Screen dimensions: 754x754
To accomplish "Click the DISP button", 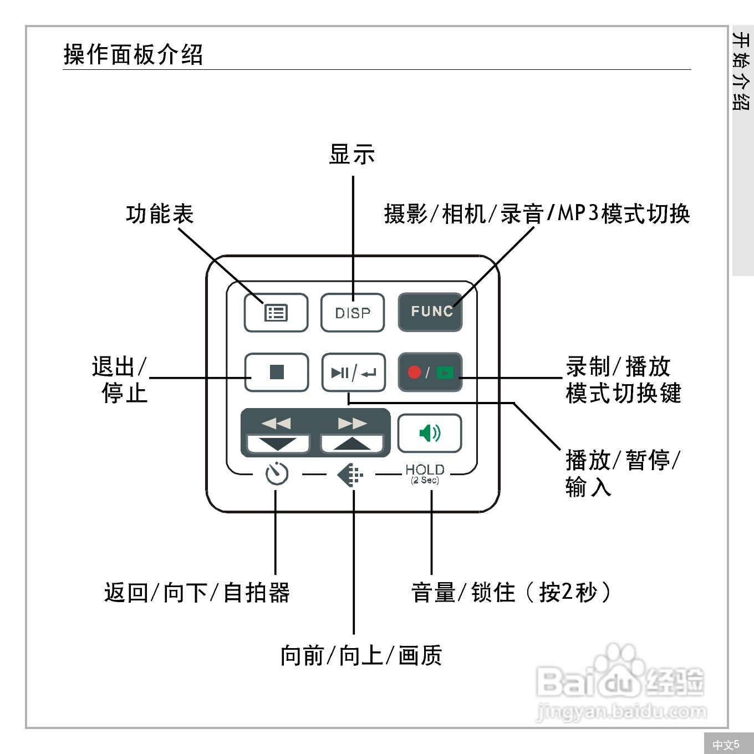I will [353, 313].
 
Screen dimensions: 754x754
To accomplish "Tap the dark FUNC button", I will [430, 312].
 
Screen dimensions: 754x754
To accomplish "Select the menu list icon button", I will [276, 313].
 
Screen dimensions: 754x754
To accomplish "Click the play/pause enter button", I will [353, 373].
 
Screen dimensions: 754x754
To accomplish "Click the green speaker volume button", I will [430, 433].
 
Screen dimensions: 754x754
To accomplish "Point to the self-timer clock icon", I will [277, 474].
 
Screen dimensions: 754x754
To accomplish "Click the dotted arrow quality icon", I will [350, 475].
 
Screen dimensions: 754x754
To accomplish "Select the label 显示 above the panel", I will [352, 154].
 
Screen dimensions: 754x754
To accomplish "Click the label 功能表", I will [160, 214].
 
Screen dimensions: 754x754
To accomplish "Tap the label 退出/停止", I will [120, 380].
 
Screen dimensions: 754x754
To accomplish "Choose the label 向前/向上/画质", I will [361, 655].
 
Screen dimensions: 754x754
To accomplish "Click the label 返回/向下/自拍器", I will [197, 593].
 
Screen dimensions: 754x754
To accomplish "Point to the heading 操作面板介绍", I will [133, 54].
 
